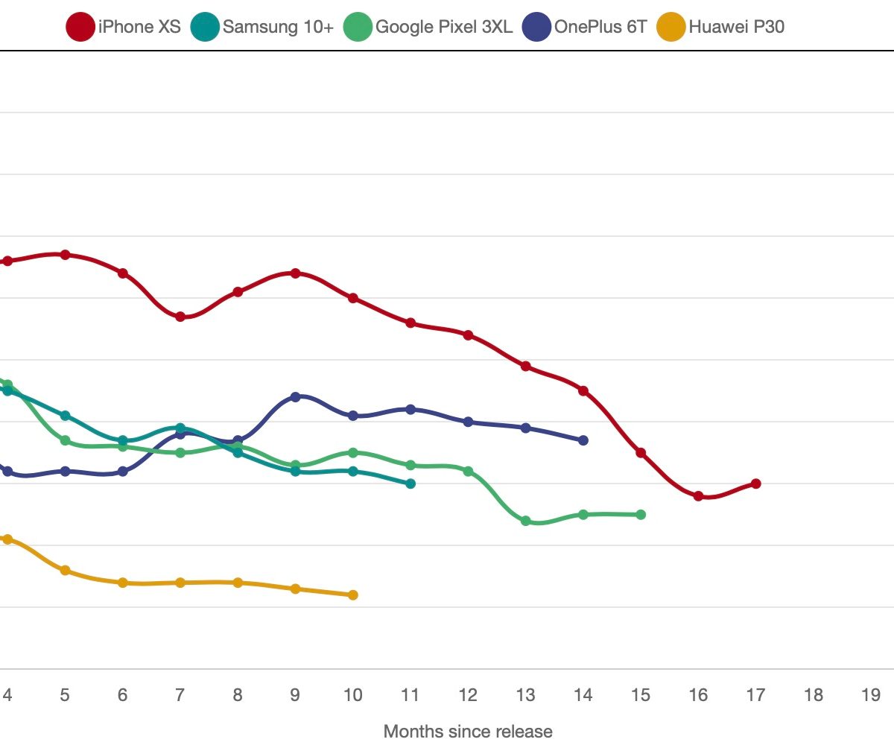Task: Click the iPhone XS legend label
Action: point(139,28)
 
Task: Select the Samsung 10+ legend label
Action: point(278,28)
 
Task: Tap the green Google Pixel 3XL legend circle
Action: point(358,28)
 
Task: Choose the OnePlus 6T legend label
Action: point(600,28)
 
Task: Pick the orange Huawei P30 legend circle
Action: point(670,28)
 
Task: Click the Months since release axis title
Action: point(468,731)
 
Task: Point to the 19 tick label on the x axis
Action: point(870,695)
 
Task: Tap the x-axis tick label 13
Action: point(525,695)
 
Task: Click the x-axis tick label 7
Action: point(180,695)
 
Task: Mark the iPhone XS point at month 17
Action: point(755,484)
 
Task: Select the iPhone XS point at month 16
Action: point(698,496)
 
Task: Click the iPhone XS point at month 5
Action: point(65,255)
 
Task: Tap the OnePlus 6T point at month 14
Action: point(583,440)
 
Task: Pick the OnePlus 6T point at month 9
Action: point(295,397)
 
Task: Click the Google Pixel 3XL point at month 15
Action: point(641,515)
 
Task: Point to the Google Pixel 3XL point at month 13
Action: point(525,521)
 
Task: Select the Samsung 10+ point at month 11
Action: point(410,484)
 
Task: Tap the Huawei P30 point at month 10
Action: point(353,595)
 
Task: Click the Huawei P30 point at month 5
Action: point(65,571)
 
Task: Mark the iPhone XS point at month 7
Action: point(180,317)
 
